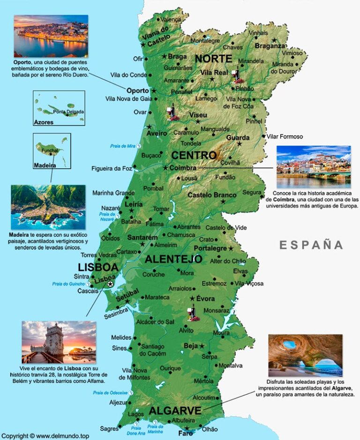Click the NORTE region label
point(213,59)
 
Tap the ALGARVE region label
point(175,411)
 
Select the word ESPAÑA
point(311,245)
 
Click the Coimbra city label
point(183,168)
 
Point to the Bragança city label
point(270,46)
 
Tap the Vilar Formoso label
point(285,137)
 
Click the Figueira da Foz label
point(112,168)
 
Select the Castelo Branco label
point(207,195)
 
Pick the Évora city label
point(205,298)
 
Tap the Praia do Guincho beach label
point(68,284)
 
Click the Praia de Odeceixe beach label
point(110,393)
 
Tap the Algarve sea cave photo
point(305,356)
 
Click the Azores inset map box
point(59,108)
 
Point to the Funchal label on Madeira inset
point(50,151)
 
